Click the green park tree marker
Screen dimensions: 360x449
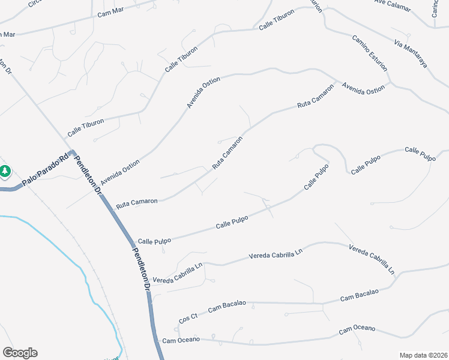pyautogui.click(x=5, y=172)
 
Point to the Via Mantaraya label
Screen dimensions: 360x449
pyautogui.click(x=411, y=53)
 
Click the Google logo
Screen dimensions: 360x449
pyautogui.click(x=20, y=353)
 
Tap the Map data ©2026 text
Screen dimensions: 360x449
pyautogui.click(x=423, y=355)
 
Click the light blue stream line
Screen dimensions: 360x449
pyautogui.click(x=90, y=288)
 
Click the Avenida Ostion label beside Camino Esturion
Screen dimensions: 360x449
pyautogui.click(x=363, y=88)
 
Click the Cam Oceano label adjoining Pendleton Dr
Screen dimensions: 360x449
pyautogui.click(x=181, y=340)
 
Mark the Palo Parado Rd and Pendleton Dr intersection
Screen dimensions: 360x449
pyautogui.click(x=71, y=154)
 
